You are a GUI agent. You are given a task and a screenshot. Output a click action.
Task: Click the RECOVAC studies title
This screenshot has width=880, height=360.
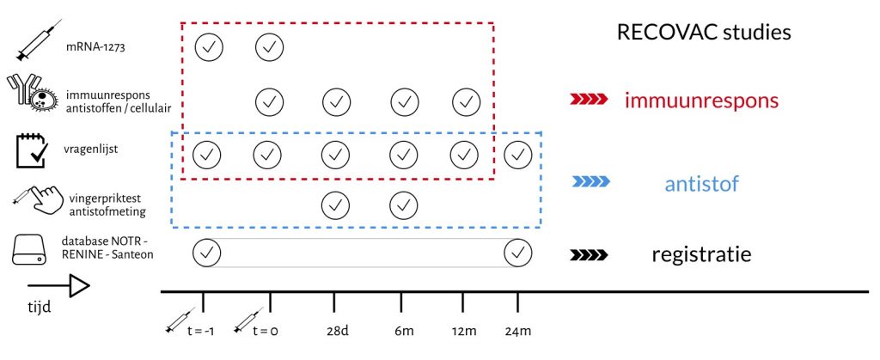coord(703,34)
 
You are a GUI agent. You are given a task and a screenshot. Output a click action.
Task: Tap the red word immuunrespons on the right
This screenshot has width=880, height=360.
coord(702,101)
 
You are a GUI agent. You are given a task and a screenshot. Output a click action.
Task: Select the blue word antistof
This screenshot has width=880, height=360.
coord(700,183)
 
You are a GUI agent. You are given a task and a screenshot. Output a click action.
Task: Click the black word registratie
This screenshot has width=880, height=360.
coord(701,255)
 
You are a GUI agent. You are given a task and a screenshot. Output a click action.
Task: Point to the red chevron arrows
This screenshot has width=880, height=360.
coord(589,101)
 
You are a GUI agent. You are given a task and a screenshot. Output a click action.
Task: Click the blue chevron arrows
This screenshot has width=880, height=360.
coord(590,182)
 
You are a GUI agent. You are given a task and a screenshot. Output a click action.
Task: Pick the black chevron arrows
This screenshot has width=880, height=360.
coord(590,255)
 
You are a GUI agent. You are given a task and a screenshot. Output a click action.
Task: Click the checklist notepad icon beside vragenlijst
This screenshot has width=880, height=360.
coord(32,149)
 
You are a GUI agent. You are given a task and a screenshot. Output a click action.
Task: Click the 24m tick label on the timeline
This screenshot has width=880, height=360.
coord(518,331)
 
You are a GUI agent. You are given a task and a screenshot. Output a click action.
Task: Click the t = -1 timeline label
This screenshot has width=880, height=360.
coord(205,331)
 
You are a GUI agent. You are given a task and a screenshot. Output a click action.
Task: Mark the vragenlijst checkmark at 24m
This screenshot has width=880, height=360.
coord(518,155)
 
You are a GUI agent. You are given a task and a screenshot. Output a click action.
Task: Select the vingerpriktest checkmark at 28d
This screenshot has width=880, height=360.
coord(335,205)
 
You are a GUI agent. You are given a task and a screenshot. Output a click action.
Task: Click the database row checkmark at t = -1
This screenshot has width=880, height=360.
coord(207,253)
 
